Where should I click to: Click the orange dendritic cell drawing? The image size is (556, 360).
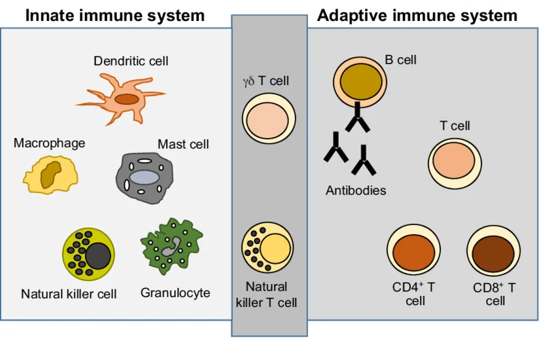click(x=124, y=99)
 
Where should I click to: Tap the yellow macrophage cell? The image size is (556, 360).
click(x=50, y=175)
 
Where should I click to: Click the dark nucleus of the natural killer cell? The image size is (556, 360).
click(x=98, y=255)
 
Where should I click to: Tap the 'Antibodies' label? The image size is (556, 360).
click(x=356, y=191)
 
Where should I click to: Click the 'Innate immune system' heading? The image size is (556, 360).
click(x=115, y=15)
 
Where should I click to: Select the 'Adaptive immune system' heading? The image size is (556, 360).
click(x=417, y=15)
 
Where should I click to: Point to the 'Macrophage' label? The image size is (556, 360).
click(x=49, y=143)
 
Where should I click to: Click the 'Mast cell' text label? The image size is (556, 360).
click(x=183, y=144)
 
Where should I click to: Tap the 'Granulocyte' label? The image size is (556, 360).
click(x=175, y=293)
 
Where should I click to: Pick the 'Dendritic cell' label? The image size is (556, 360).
click(x=131, y=61)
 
